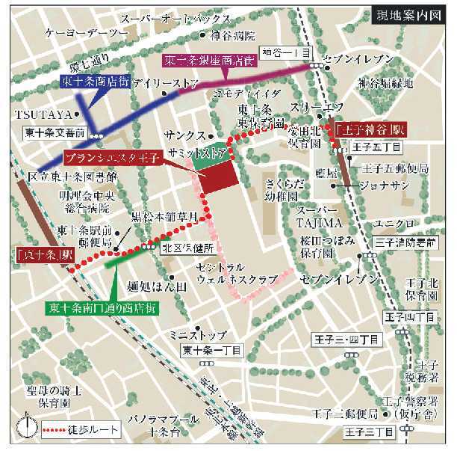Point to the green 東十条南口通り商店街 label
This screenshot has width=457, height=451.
pyautogui.click(x=102, y=307)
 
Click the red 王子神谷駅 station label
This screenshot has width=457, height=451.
pyautogui.click(x=361, y=128)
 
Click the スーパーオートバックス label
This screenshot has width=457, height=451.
pyautogui.click(x=184, y=19)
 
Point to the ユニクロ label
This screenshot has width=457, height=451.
pyautogui.click(x=399, y=224)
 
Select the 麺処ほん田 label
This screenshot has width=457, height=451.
pyautogui.click(x=156, y=285)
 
